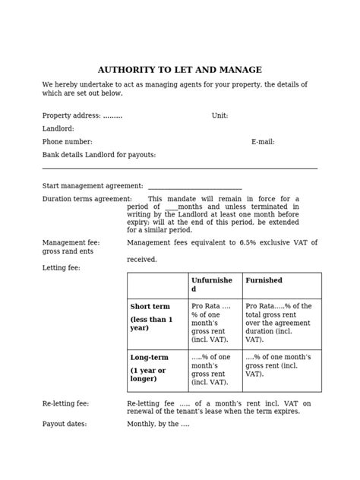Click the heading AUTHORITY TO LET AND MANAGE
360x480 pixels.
(180, 70)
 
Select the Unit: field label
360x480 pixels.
(219, 116)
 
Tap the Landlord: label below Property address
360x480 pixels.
(58, 129)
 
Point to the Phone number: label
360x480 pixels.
(67, 142)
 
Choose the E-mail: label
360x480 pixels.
(263, 142)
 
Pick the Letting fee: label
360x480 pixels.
(61, 268)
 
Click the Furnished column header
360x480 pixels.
(264, 280)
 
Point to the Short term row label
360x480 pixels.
(150, 307)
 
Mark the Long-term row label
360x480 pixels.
(149, 358)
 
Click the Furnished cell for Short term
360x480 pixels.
(282, 324)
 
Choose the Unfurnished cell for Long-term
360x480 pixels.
(214, 370)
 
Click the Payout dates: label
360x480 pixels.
(65, 424)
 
